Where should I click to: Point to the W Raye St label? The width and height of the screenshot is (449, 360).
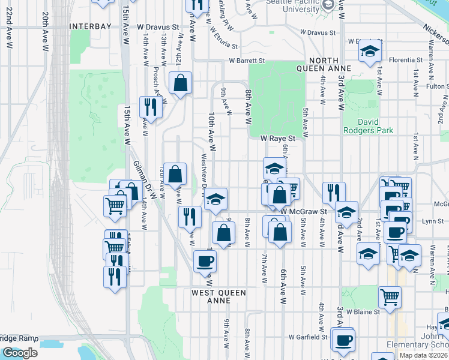[279, 138]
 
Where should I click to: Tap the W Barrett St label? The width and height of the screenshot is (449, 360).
[246, 61]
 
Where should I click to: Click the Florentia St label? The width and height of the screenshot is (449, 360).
[405, 60]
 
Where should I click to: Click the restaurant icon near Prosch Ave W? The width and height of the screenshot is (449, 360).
[150, 107]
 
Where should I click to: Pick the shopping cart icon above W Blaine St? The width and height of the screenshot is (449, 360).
[390, 296]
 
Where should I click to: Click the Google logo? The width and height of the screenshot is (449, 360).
[20, 353]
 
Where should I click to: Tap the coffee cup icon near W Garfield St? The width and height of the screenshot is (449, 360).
[343, 340]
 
